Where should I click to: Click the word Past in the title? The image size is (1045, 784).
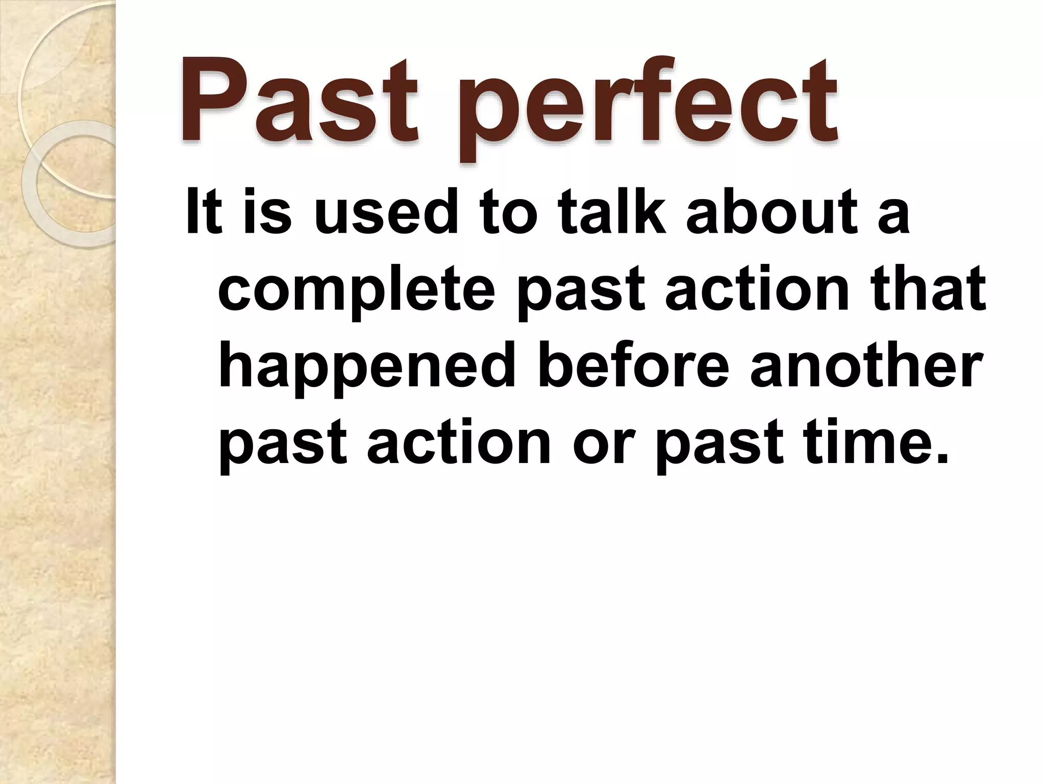(x=298, y=102)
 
